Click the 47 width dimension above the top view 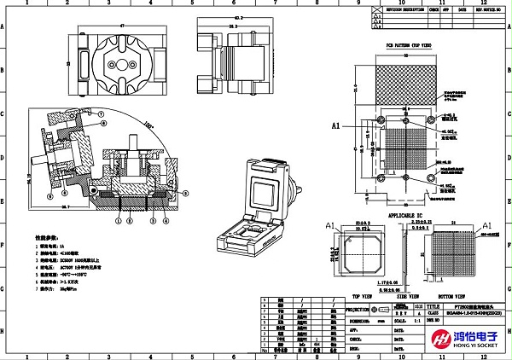(x=121, y=26)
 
